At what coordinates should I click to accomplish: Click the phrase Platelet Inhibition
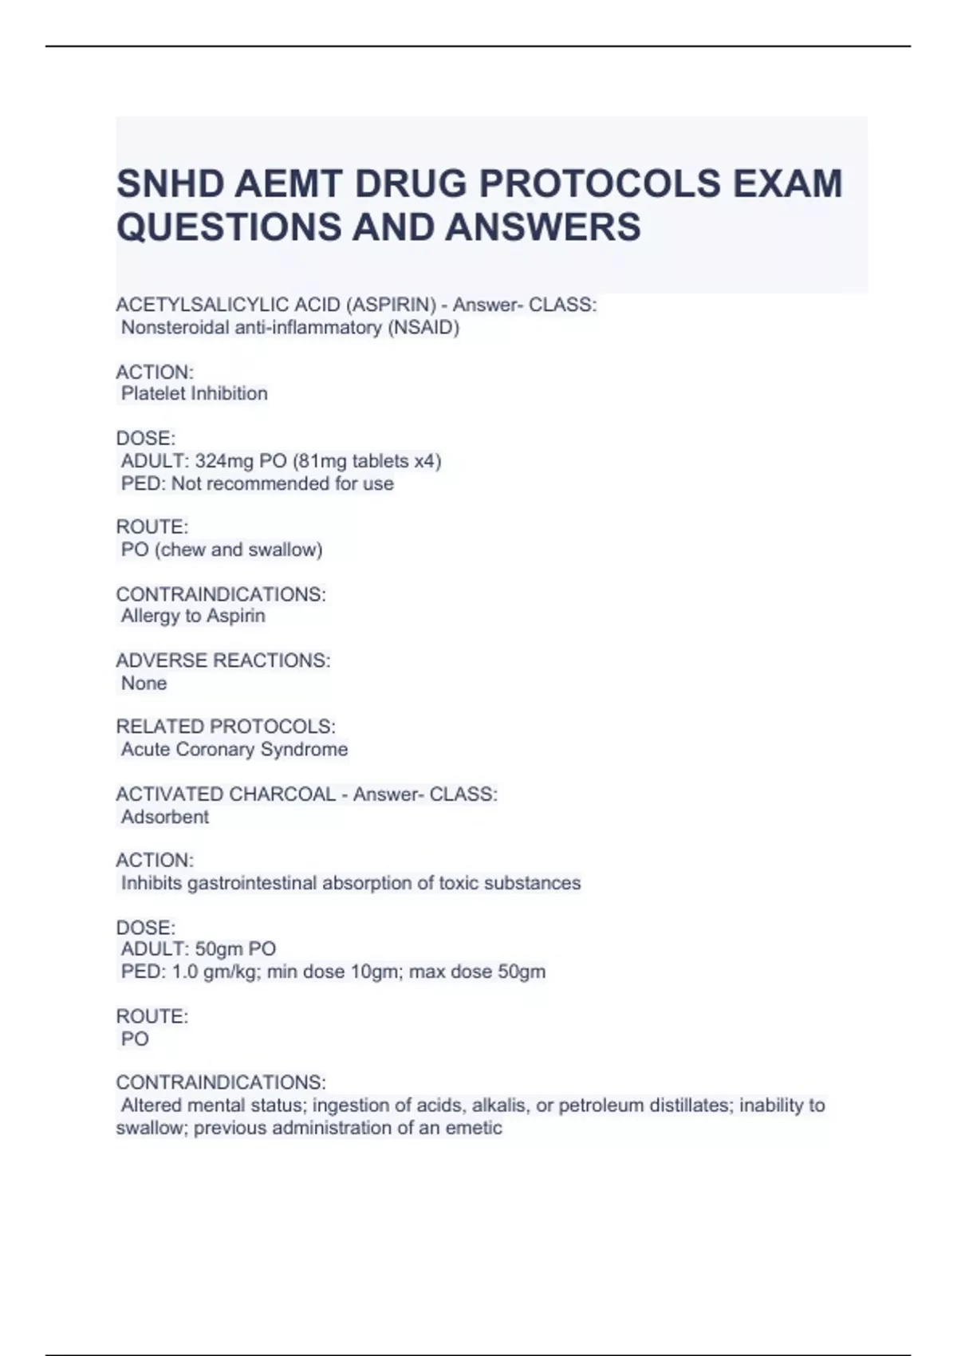[x=194, y=393]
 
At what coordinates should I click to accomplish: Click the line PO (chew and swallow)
[x=222, y=550]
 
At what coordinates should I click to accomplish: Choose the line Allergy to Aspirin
[x=193, y=616]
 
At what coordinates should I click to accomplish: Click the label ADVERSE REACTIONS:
[x=223, y=660]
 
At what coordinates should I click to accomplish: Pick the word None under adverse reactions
[x=144, y=683]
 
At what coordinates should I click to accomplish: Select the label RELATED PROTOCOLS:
[x=226, y=727]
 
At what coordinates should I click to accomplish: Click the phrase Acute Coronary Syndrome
[x=234, y=749]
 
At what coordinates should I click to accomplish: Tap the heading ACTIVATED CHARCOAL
[x=226, y=794]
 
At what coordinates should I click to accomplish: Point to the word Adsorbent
[x=165, y=817]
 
